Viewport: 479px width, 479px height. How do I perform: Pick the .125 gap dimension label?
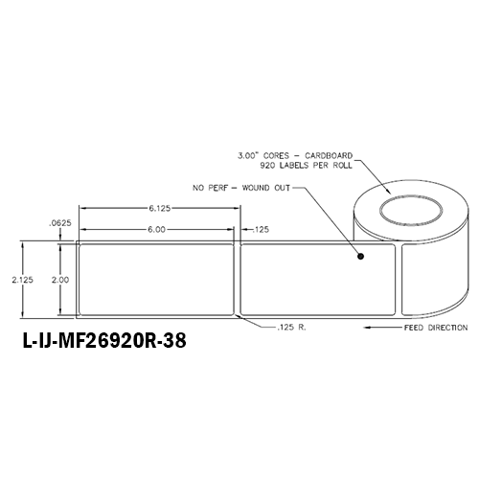tap(259, 229)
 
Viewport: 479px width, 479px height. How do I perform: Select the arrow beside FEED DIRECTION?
tap(382, 327)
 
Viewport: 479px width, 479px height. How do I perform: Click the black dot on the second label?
tap(360, 257)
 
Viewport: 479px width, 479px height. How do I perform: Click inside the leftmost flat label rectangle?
tap(155, 280)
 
